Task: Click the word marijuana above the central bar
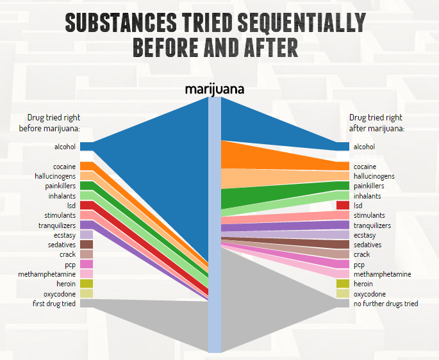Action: [214, 89]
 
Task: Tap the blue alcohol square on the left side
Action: [87, 147]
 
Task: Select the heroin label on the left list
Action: [65, 284]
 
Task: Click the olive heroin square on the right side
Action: [343, 284]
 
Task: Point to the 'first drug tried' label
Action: [55, 303]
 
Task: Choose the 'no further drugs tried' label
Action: [385, 303]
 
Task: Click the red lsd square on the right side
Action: [343, 206]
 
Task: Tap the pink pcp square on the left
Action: [87, 264]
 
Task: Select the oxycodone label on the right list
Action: [370, 293]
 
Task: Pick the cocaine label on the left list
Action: [63, 167]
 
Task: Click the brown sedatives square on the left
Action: [87, 245]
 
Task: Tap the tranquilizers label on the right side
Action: [372, 225]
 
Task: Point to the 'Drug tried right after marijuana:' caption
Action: [376, 122]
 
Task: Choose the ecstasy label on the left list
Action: [65, 235]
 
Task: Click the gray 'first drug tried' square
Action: [87, 303]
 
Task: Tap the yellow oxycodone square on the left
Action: [87, 293]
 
